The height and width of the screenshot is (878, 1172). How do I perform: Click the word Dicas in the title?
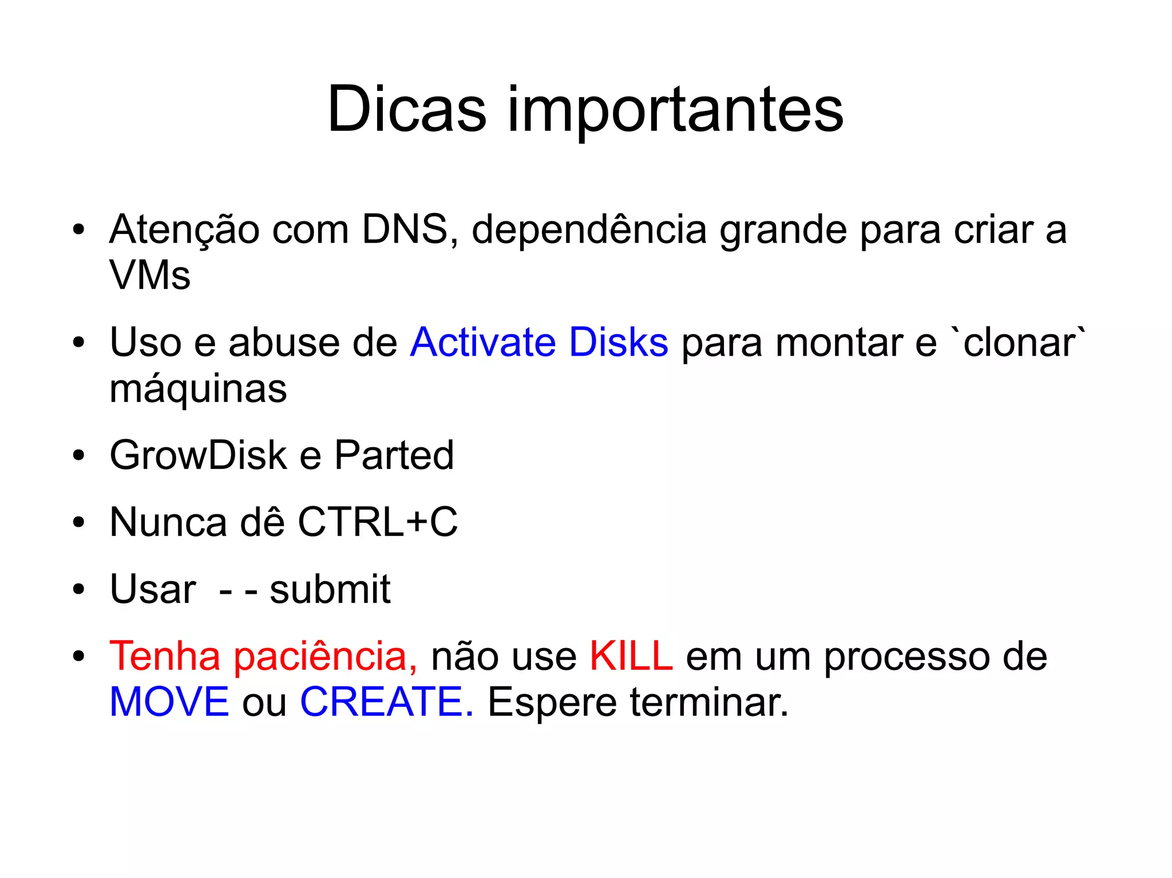[406, 109]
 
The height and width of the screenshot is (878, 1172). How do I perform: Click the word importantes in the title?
[675, 112]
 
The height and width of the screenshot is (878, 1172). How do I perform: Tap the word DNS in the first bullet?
[405, 229]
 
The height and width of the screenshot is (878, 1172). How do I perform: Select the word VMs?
[150, 275]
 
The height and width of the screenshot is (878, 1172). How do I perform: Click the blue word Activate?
[483, 342]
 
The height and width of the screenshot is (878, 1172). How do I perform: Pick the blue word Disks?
[619, 342]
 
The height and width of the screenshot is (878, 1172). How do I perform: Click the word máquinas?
[198, 389]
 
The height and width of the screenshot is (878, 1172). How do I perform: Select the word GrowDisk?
[198, 456]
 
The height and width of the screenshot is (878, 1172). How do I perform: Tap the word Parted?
[394, 456]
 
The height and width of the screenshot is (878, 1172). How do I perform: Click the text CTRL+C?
[378, 522]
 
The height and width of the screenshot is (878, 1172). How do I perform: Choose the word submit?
[330, 589]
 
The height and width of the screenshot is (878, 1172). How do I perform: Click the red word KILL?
[631, 656]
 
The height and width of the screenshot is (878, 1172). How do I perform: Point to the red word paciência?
[325, 657]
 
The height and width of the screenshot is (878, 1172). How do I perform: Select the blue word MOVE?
[169, 702]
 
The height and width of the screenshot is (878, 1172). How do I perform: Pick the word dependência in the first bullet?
[589, 231]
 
